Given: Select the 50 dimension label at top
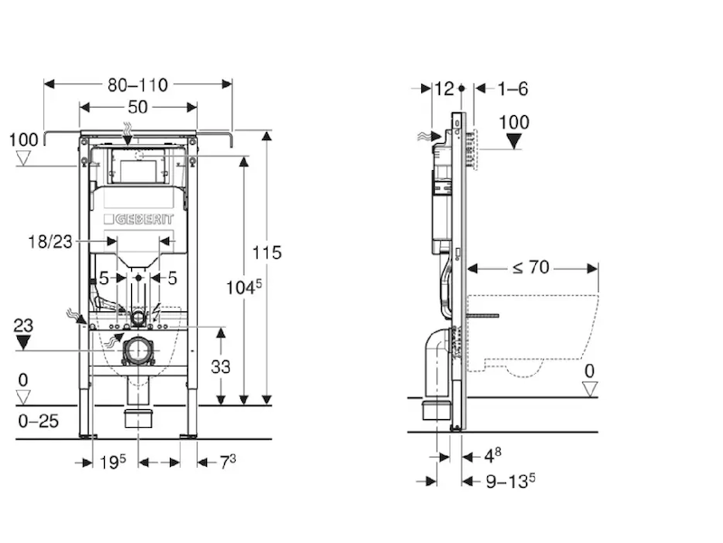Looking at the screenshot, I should [138, 108].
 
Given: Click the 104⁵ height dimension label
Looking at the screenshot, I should [243, 288].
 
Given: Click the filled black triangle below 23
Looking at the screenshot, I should [24, 342].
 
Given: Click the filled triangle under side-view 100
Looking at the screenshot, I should [514, 141].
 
